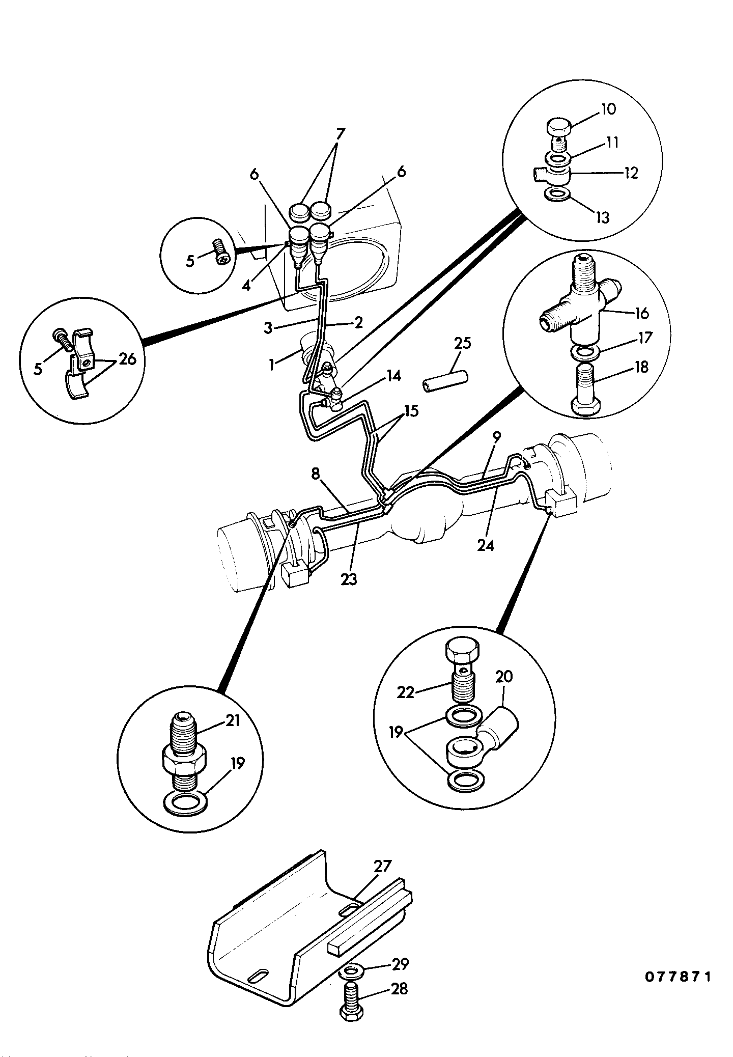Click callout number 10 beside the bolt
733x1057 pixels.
(608, 109)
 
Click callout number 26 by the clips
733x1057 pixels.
(128, 359)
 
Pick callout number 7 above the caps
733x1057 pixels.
(340, 134)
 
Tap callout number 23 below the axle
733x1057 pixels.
(349, 579)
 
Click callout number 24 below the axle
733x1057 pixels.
(486, 545)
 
